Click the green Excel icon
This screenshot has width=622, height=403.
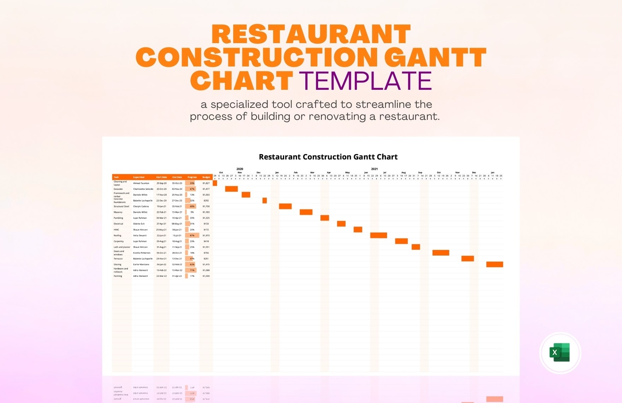click(560, 352)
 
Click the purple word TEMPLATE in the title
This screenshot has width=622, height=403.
click(366, 81)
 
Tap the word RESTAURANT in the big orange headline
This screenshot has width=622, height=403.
click(311, 35)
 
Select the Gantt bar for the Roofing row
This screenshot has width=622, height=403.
click(379, 235)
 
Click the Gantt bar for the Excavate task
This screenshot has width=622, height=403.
click(231, 189)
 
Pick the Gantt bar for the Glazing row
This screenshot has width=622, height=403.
click(494, 264)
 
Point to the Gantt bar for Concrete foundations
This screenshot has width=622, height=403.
click(264, 201)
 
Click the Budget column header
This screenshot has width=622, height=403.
click(206, 177)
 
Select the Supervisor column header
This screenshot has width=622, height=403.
click(139, 177)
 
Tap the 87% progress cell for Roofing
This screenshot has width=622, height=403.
click(192, 235)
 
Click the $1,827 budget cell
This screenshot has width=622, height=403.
click(206, 183)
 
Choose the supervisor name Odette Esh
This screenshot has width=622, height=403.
click(139, 224)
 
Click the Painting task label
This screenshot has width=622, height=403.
click(118, 276)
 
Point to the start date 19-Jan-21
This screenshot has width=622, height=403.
click(162, 206)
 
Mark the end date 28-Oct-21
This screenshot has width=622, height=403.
click(177, 253)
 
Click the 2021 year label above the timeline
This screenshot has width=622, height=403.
click(375, 169)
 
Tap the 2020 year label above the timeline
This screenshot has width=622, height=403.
click(240, 169)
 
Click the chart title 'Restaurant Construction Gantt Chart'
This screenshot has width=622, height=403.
click(328, 157)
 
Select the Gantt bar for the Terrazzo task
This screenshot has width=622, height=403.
click(468, 259)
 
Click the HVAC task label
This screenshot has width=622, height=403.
click(116, 230)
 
